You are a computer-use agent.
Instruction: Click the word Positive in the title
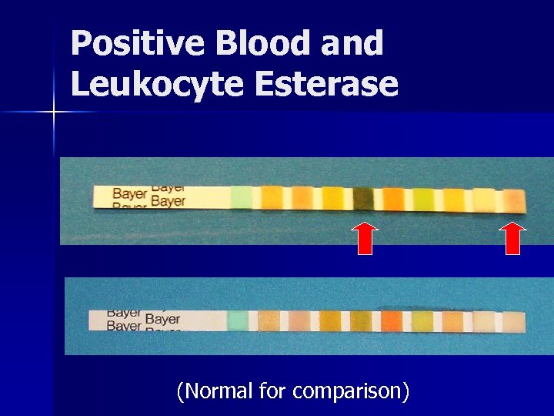(138, 44)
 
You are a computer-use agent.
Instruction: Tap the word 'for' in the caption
(272, 391)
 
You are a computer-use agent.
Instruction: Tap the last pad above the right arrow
(513, 200)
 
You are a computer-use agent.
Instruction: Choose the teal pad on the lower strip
(239, 320)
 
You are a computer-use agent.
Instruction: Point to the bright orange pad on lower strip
(392, 320)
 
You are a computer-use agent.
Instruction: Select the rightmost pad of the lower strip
(512, 322)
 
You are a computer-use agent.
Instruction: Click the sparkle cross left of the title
(54, 112)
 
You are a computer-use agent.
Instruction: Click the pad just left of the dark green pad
(332, 198)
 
